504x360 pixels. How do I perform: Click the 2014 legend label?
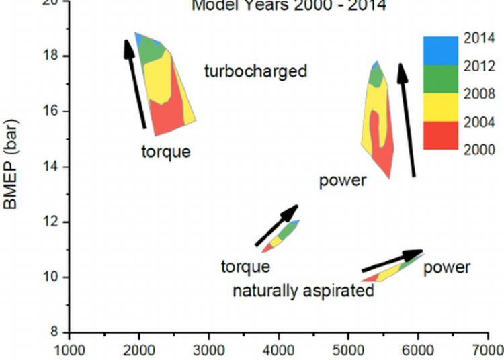pos(478,38)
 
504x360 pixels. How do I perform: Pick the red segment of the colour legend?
pos(440,135)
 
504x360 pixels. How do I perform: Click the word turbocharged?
pos(255,71)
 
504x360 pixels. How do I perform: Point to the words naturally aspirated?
pos(303,291)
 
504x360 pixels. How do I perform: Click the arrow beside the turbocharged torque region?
pos(135,83)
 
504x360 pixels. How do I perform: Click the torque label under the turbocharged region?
pos(166,152)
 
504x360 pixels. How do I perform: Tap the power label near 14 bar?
pos(343,180)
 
